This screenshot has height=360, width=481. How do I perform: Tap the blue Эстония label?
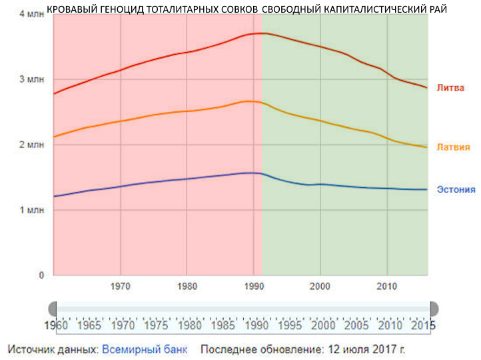click(x=456, y=189)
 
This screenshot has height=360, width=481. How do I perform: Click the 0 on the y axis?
click(x=41, y=275)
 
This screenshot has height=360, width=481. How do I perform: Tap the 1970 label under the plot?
click(x=120, y=287)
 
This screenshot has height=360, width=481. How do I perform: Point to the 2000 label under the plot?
click(x=320, y=287)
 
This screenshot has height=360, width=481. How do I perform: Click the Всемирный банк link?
click(x=145, y=349)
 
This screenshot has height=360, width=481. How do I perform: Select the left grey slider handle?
click(x=53, y=309)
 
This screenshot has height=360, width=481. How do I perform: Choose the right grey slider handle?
click(x=434, y=309)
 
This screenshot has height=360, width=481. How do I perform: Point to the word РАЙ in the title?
click(x=437, y=9)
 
